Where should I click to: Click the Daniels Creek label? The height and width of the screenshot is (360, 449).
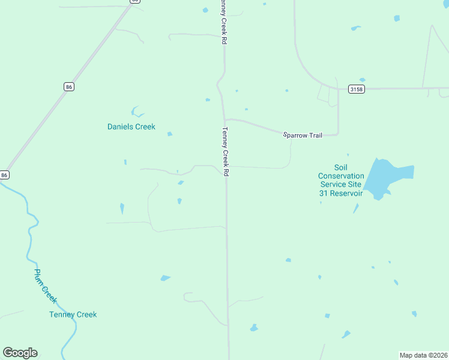(x=131, y=127)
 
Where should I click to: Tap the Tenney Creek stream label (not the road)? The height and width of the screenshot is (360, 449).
(x=73, y=314)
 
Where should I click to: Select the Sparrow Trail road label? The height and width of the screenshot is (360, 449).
(x=303, y=135)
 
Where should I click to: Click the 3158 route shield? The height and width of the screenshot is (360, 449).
(x=356, y=89)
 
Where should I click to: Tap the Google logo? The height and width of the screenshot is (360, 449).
(x=20, y=353)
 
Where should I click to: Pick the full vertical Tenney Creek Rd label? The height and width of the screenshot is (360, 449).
(x=226, y=152)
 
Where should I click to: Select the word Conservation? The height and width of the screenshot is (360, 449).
(x=341, y=176)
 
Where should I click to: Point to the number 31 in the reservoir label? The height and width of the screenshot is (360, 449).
(x=324, y=193)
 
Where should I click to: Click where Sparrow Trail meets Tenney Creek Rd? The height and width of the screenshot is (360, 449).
(x=225, y=119)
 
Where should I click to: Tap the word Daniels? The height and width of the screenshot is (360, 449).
(x=120, y=127)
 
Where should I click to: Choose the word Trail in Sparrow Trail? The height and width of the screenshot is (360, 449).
(x=315, y=135)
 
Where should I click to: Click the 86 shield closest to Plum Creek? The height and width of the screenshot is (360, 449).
(x=5, y=175)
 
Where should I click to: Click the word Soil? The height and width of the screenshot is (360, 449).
(x=341, y=167)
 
